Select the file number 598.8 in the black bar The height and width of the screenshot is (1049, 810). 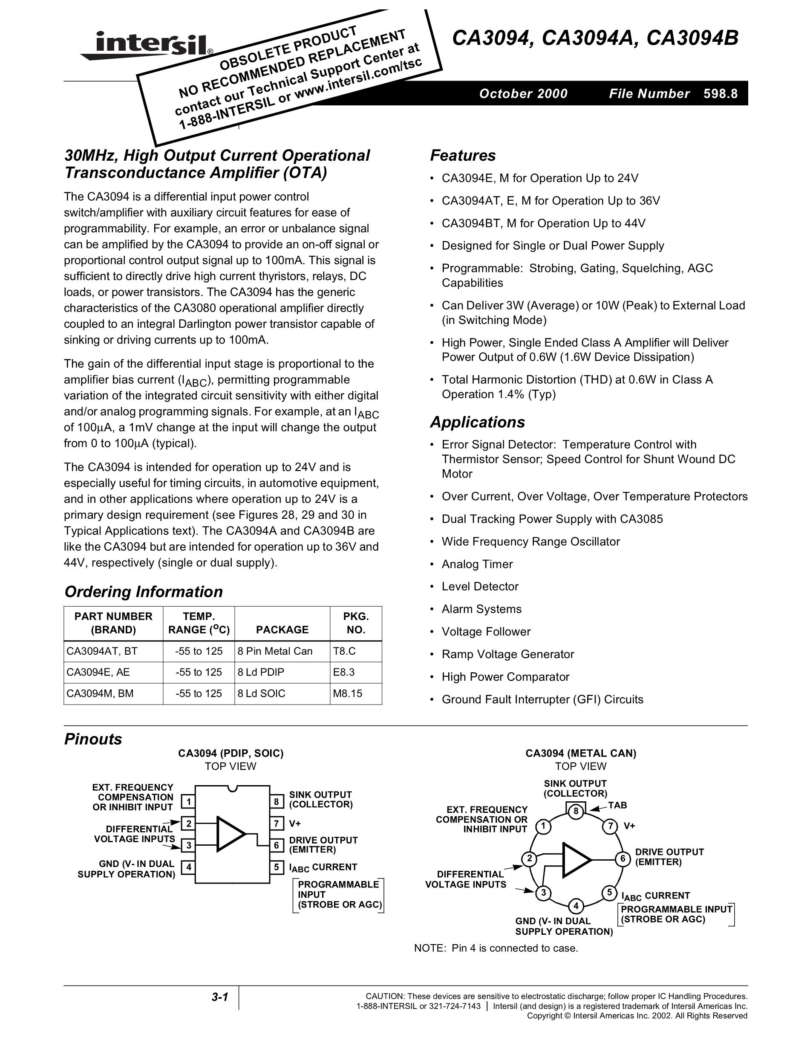(x=720, y=94)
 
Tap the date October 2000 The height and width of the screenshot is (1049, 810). (x=523, y=94)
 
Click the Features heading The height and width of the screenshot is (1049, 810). (x=462, y=156)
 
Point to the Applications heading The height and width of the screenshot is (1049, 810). (x=477, y=422)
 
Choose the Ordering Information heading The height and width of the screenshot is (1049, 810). (x=144, y=592)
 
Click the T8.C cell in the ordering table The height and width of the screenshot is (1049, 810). (x=344, y=651)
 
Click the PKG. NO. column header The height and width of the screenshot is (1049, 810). (x=356, y=623)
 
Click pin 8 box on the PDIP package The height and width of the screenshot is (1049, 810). (x=276, y=802)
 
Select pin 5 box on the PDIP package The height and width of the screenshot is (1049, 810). (x=276, y=867)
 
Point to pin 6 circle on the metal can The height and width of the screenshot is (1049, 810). (x=623, y=859)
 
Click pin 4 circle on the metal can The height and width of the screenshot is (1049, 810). (x=576, y=906)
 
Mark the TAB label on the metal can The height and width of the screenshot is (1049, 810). (x=617, y=805)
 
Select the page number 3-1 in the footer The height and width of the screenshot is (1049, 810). (x=219, y=997)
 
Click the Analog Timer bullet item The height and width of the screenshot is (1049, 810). (x=477, y=564)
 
